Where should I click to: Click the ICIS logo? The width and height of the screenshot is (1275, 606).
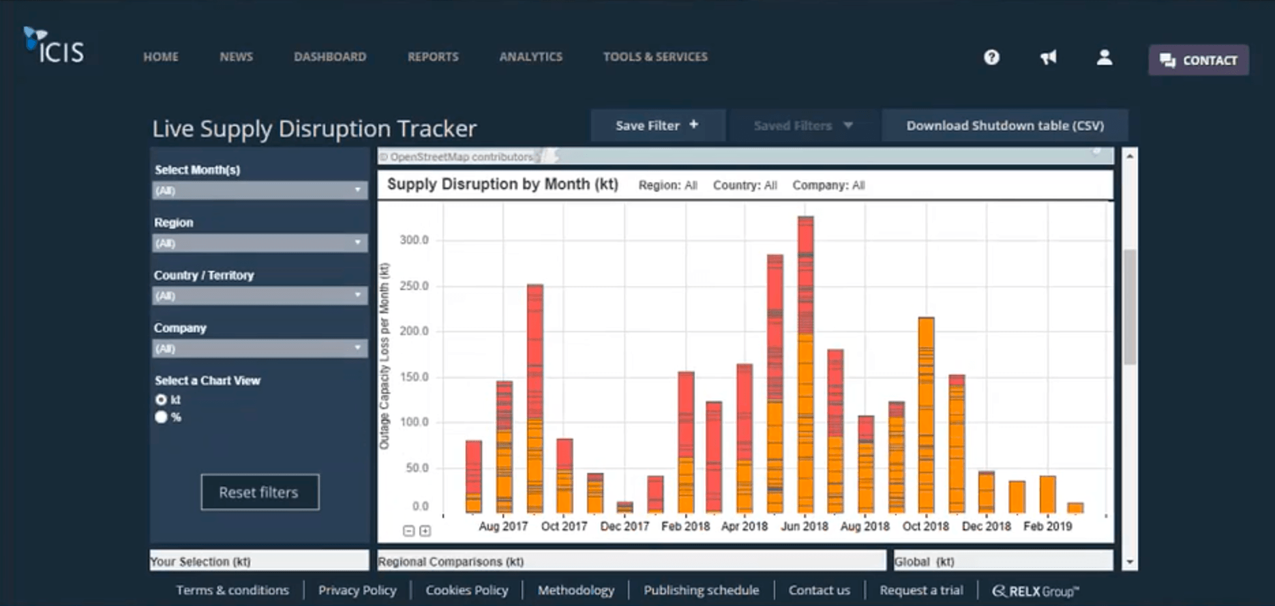[54, 46]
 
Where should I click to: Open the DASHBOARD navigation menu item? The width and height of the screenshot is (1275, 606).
[330, 57]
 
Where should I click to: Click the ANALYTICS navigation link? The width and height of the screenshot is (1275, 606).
[530, 57]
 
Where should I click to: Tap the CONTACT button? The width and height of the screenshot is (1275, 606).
[1199, 60]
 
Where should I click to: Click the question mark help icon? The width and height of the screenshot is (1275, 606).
[991, 57]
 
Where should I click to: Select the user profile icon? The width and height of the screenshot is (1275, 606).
[1104, 57]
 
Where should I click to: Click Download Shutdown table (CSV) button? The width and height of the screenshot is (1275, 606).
[1004, 126]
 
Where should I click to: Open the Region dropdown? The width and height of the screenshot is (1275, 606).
[259, 243]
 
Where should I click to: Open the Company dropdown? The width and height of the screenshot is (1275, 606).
[259, 349]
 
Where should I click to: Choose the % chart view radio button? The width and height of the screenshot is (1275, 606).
[161, 417]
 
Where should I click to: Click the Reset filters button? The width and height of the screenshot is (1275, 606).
[260, 492]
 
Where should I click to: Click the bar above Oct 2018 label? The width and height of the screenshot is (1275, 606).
[926, 416]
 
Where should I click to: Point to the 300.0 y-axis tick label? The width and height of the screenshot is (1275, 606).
[414, 240]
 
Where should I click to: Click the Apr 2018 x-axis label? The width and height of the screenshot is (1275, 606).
[744, 526]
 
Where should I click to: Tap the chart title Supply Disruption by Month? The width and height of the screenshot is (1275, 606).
[502, 184]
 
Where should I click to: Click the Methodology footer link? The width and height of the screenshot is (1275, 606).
[575, 590]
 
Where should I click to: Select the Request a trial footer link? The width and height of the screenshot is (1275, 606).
[921, 590]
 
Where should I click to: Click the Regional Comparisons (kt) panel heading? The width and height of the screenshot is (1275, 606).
[451, 562]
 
